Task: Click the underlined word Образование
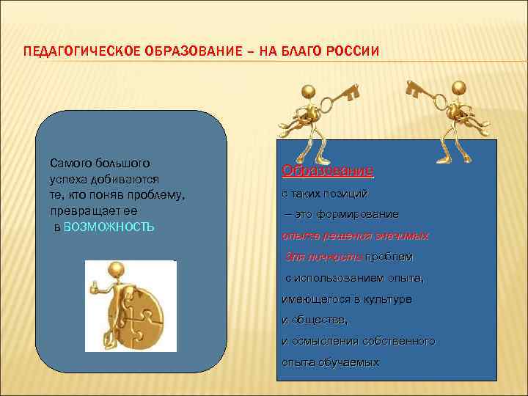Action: pos(328,171)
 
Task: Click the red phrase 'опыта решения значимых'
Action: pos(356,236)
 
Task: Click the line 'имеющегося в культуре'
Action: pos(346,299)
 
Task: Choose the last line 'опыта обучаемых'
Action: pos(330,362)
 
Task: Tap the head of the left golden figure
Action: pos(309,92)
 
